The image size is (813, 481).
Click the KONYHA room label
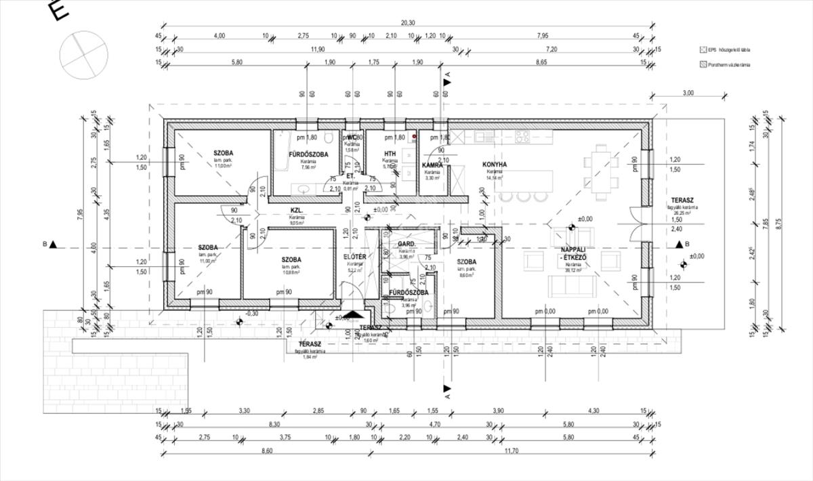coord(495,165)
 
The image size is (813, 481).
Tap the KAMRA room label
coord(432,165)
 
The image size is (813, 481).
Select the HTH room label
coord(390,154)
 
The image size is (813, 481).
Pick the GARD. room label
coord(406,243)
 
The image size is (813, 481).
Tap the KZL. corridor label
coord(296,210)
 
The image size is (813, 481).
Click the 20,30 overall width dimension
coord(408,22)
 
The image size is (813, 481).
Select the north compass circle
coord(83,55)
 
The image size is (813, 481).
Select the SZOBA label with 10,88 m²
coord(291,259)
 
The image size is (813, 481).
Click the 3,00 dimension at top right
coord(688,93)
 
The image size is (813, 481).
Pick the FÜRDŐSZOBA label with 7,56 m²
coord(308,154)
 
